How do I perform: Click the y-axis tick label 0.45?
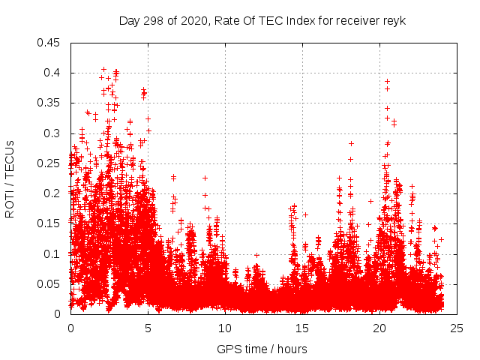coord(52,43)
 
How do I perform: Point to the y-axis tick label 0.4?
coord(55,73)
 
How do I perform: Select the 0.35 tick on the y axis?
coord(52,103)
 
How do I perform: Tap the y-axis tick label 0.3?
coord(55,133)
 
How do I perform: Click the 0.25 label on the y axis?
coord(52,163)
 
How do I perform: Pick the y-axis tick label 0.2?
coord(55,193)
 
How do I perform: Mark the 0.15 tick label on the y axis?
coord(52,223)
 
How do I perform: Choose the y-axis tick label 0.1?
coord(55,253)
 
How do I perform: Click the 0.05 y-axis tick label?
coord(52,283)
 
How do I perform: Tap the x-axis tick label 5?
coord(148,328)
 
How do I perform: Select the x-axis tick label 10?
coord(225,328)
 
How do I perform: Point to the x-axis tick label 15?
coord(302,328)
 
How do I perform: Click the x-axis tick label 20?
coord(379,328)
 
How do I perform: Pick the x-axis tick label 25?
coord(457,328)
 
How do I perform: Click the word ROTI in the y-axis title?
coord(10,202)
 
